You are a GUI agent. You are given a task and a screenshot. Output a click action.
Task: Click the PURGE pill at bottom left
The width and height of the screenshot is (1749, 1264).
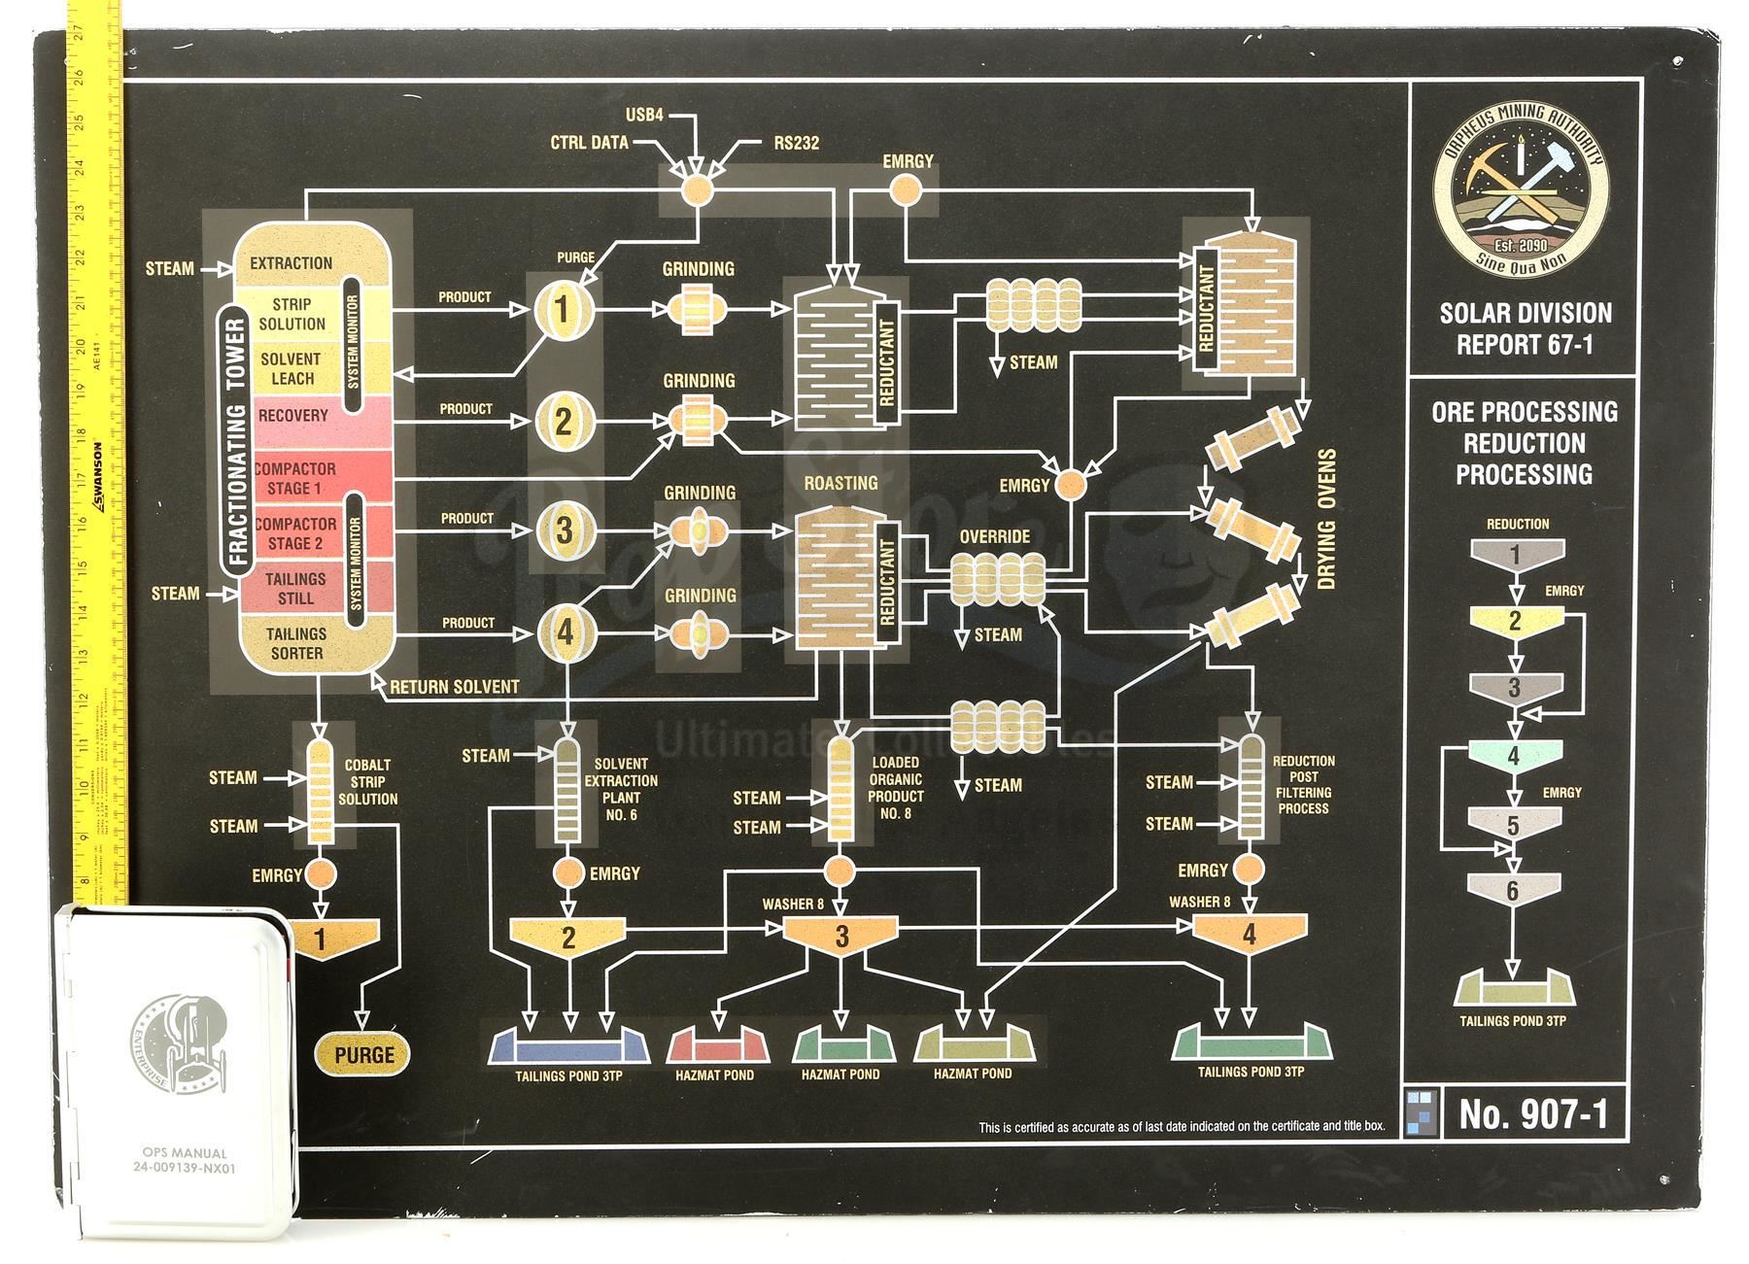(364, 1055)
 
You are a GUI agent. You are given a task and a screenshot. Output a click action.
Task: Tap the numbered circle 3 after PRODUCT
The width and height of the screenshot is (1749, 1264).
(566, 531)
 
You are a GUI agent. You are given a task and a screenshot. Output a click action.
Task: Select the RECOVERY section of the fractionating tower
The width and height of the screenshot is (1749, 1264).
(292, 416)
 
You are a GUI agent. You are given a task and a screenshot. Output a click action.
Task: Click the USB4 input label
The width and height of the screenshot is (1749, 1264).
(644, 115)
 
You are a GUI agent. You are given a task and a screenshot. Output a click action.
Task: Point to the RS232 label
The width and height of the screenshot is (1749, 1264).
(796, 144)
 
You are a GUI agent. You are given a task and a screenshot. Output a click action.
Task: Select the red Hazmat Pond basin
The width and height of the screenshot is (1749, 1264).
(718, 1046)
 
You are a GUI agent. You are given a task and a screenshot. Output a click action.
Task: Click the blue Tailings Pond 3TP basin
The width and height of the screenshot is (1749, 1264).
(568, 1046)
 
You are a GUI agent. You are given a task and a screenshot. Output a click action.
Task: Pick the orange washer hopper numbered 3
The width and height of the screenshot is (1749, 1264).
(841, 937)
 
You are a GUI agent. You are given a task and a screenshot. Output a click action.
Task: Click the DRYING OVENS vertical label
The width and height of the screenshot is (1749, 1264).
(1328, 519)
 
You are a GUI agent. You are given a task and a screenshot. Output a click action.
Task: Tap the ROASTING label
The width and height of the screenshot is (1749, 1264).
(840, 483)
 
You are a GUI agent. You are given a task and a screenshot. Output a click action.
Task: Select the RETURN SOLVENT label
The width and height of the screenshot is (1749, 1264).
(454, 687)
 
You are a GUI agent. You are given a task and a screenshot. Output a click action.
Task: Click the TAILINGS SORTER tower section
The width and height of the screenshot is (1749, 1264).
(296, 643)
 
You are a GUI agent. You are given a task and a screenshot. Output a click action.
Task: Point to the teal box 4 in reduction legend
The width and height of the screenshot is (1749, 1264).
(1514, 756)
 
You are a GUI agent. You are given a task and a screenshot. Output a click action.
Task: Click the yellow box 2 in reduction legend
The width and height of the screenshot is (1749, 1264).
(1515, 621)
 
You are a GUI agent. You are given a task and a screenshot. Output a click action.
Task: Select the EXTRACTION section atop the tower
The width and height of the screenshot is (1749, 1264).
(291, 263)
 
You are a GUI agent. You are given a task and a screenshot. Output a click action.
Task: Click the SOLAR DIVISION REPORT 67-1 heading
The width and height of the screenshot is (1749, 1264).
(1525, 328)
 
